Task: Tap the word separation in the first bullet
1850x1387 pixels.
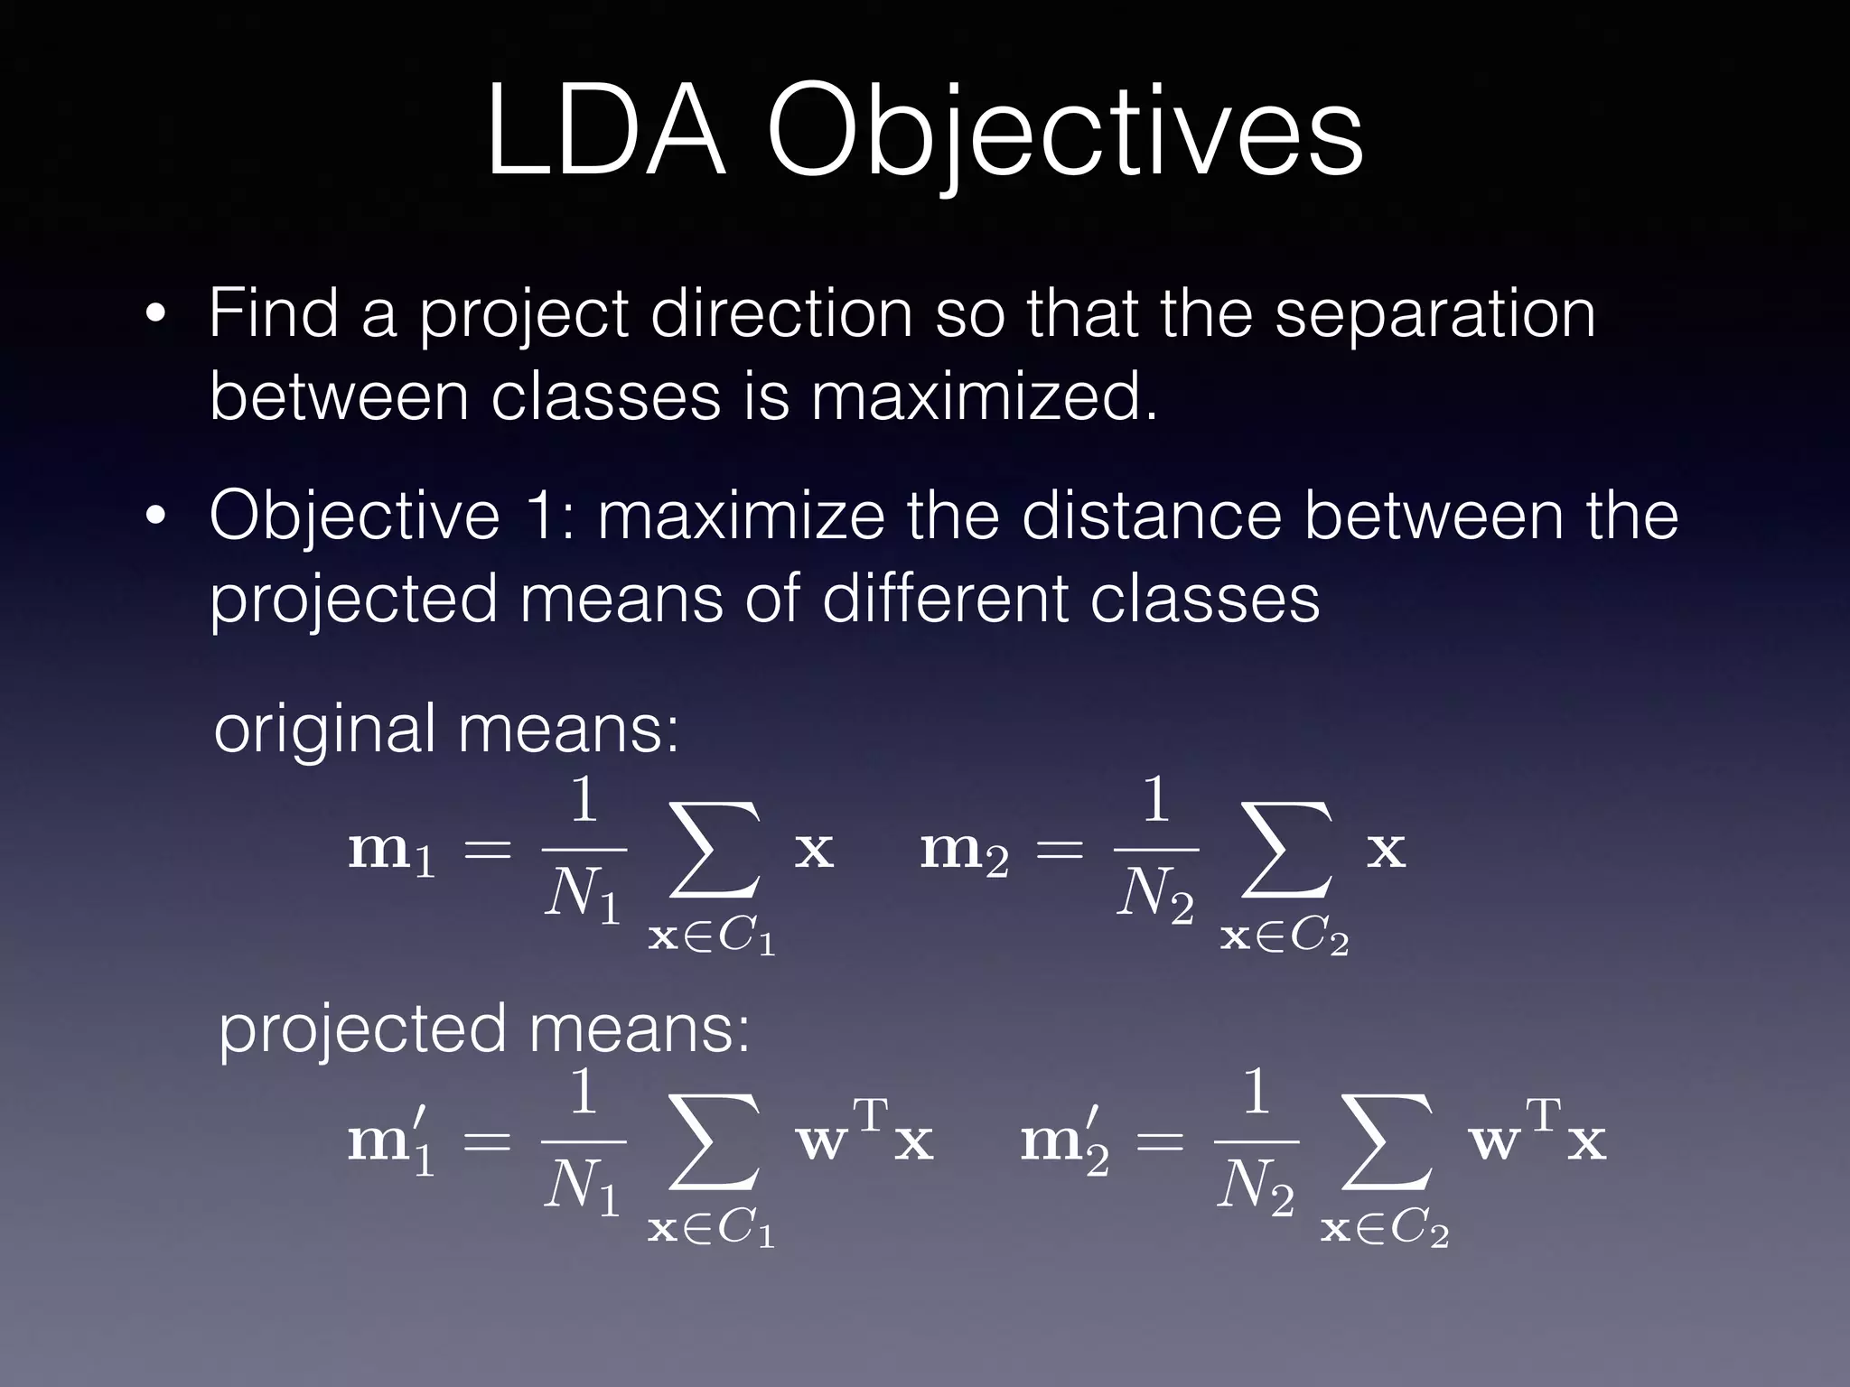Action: (x=1434, y=314)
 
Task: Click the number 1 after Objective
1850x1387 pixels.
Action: (x=548, y=517)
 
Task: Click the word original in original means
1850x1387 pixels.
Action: (x=325, y=730)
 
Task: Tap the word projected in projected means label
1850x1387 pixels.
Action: (x=362, y=1029)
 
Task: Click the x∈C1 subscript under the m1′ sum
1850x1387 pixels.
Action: (x=712, y=1230)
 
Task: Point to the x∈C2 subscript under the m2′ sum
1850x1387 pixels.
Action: (x=1385, y=1230)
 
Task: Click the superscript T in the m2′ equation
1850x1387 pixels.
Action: (x=1544, y=1116)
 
